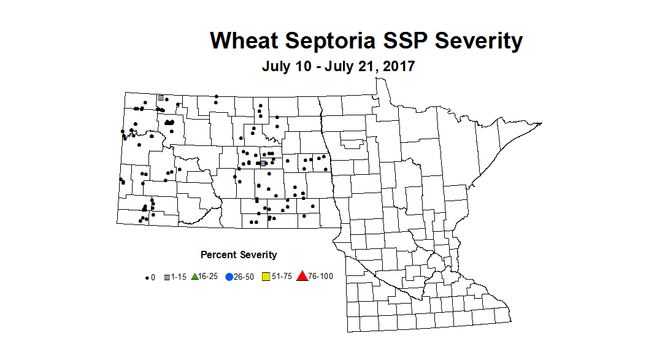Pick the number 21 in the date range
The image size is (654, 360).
(366, 66)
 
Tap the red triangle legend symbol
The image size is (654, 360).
(302, 277)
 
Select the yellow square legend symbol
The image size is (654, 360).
(266, 277)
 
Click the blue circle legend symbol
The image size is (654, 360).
(229, 277)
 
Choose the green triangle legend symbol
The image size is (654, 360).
(194, 277)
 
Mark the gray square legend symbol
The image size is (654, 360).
(167, 277)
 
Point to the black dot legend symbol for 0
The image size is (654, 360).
(147, 278)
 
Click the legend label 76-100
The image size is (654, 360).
(321, 277)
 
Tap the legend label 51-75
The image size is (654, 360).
(282, 277)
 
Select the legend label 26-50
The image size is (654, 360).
(245, 277)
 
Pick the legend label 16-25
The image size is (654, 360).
(209, 277)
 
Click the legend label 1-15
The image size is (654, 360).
(179, 277)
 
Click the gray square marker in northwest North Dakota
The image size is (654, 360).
(161, 98)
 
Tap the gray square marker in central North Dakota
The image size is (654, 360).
(263, 163)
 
